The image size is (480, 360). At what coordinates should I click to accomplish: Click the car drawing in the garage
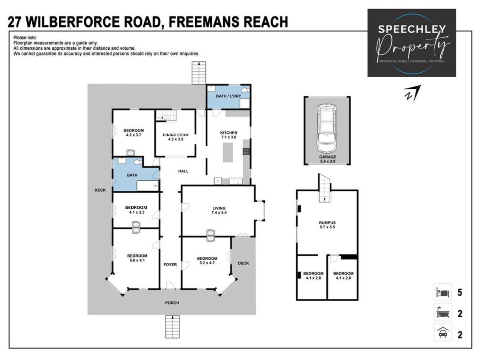coord(326,128)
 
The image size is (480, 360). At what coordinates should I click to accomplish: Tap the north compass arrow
coord(412,93)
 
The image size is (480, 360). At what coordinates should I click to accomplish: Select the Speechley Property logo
coord(412,43)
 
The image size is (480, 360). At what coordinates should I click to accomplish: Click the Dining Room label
coord(176,137)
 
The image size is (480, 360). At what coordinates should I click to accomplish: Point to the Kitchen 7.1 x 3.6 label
coord(228,135)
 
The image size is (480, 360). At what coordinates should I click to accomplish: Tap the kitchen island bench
coord(228,152)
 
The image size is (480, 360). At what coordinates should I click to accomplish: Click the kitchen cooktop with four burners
coord(246,151)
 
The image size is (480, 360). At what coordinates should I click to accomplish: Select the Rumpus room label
coord(327,225)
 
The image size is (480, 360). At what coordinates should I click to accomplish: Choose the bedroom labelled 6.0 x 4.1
coord(137,258)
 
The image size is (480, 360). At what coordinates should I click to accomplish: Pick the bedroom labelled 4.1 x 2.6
coord(343,276)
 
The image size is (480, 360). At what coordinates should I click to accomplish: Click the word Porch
coord(172,303)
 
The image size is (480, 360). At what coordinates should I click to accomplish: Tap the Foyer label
coord(170,264)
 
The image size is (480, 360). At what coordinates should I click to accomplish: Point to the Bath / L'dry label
coord(228,96)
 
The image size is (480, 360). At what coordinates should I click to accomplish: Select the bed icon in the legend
coord(443,292)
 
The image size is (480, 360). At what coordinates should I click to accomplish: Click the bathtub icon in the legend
coord(443,314)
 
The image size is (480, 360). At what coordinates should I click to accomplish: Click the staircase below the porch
coord(172,326)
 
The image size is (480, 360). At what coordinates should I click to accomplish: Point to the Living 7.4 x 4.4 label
coord(219,210)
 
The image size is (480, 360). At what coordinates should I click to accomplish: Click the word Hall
coord(183,171)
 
